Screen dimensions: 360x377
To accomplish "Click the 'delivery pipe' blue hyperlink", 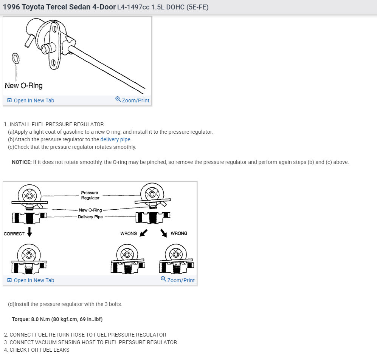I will [115, 139].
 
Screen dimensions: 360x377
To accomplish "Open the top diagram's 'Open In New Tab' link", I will [31, 100].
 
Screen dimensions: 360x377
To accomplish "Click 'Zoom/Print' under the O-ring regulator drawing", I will [132, 100].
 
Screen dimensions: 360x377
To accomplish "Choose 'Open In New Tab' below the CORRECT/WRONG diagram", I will [31, 280].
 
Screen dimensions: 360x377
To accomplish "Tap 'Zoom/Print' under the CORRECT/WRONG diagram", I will [178, 280].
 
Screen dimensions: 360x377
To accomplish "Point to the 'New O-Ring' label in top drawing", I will [23, 85].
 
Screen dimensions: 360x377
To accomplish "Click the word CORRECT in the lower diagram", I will [14, 234].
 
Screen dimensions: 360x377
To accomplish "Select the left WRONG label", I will [129, 233].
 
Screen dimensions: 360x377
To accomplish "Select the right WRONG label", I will [179, 233].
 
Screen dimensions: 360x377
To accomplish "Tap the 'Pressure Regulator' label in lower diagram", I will [90, 195].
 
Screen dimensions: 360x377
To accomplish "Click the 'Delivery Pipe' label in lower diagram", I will [90, 217].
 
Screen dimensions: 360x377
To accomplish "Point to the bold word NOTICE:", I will [22, 162].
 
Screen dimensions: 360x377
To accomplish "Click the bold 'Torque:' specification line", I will [57, 319].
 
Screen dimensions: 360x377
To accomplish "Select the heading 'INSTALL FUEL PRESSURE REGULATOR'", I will [56, 124].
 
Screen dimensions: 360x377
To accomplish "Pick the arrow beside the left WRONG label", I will [143, 233].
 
